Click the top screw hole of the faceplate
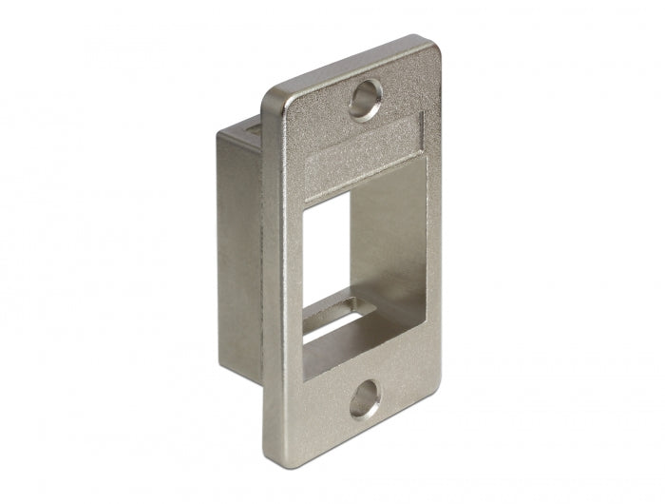[x=366, y=98]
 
